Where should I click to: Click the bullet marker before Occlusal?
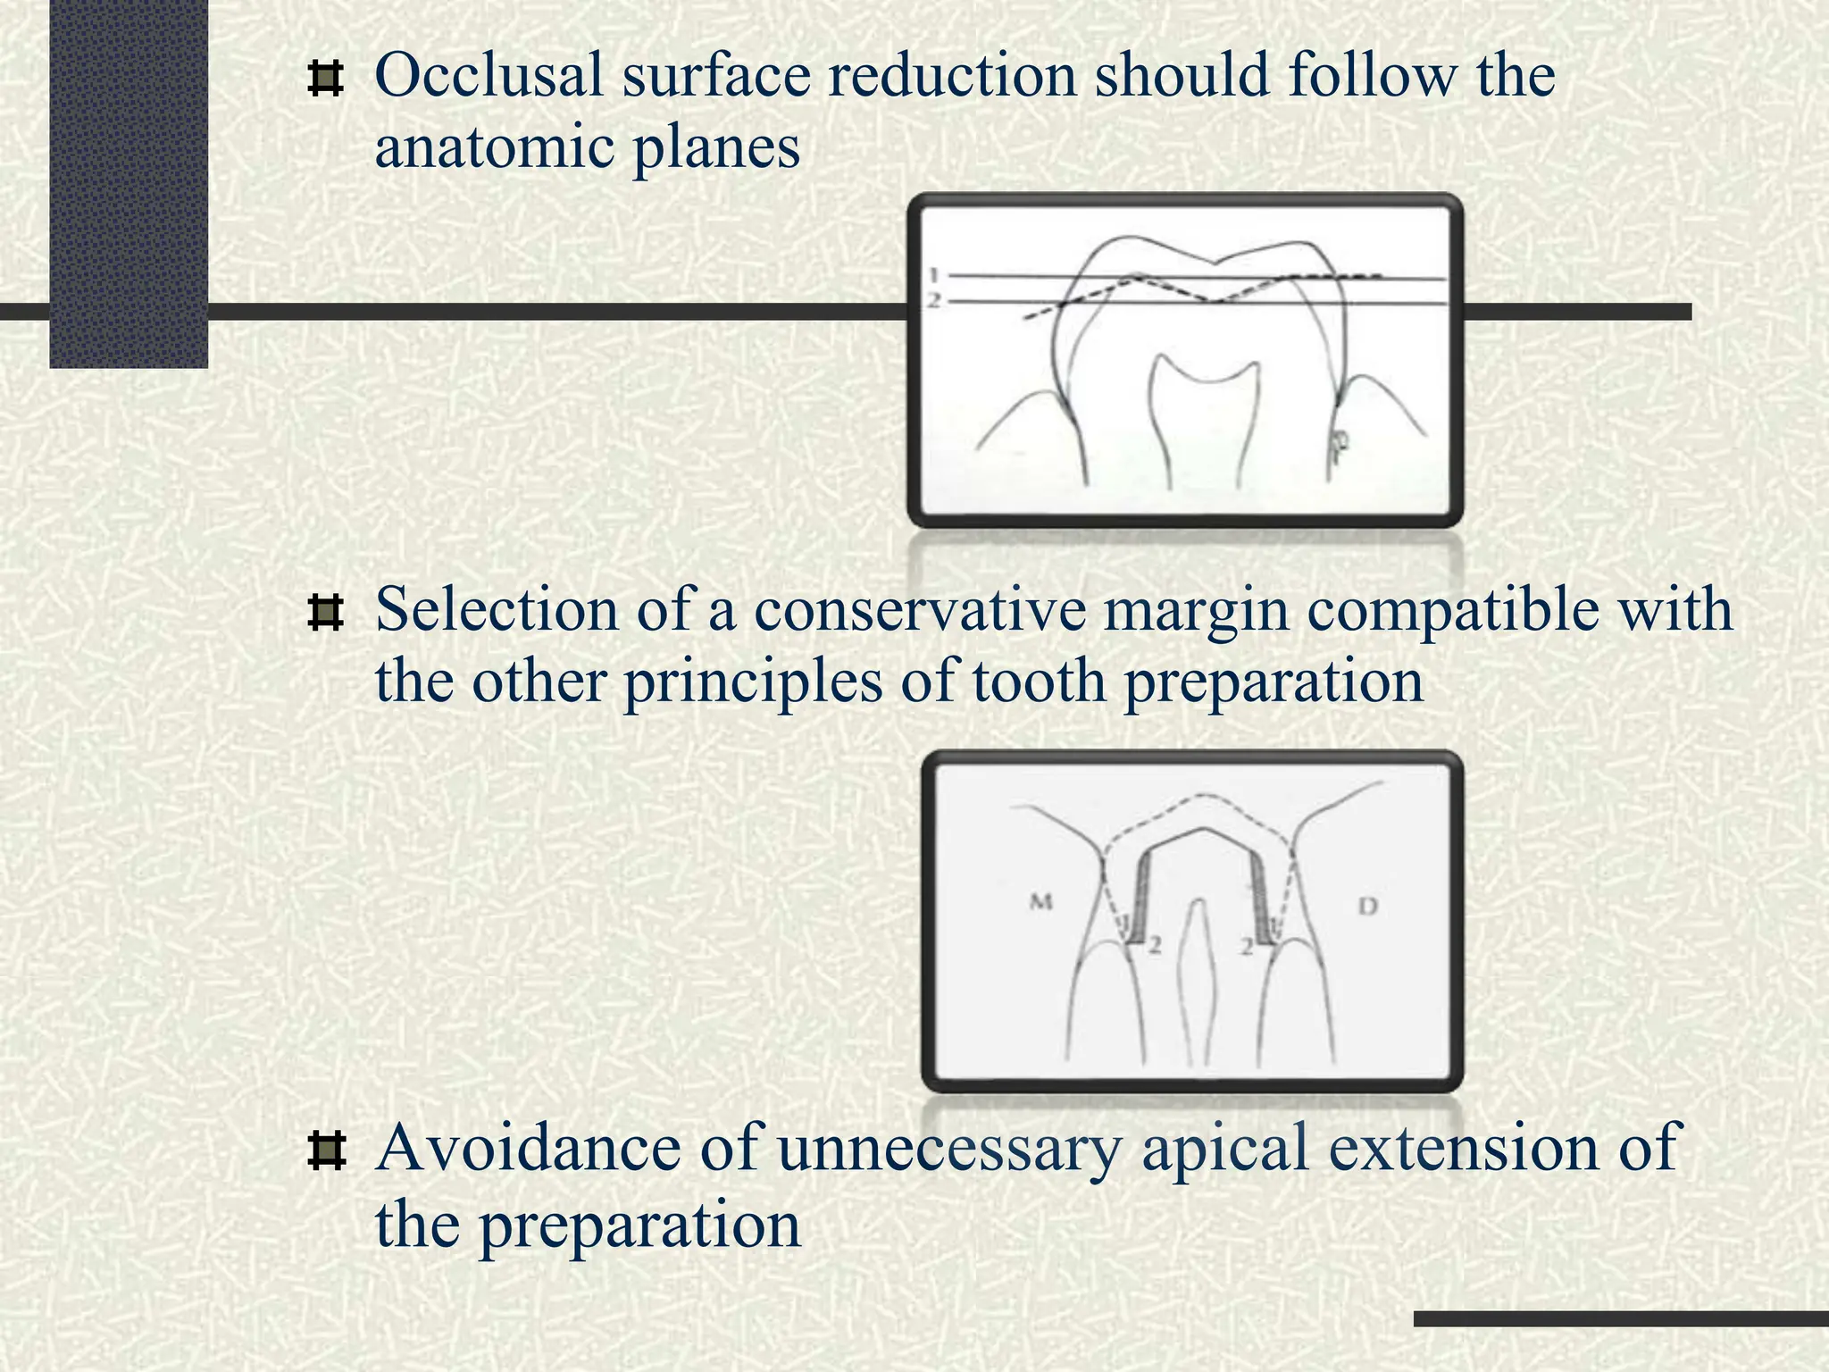click(326, 79)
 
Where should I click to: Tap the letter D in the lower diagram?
click(1368, 907)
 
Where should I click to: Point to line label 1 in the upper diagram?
click(934, 274)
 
